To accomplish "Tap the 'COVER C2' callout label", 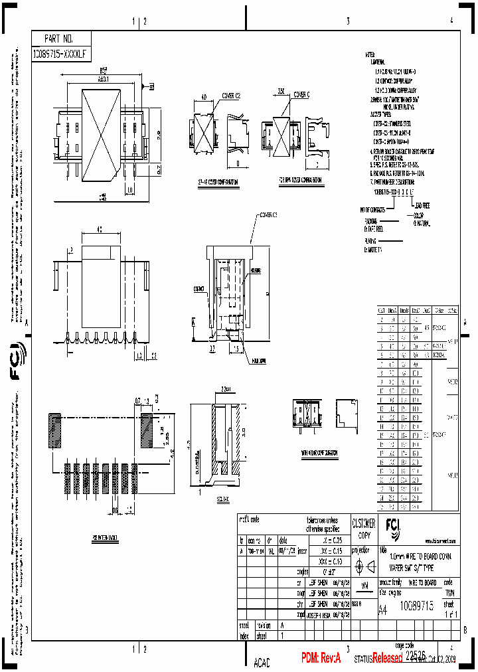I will [x=229, y=96].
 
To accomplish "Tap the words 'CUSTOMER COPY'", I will [x=362, y=527].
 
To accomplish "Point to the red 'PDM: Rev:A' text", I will [x=321, y=658].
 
